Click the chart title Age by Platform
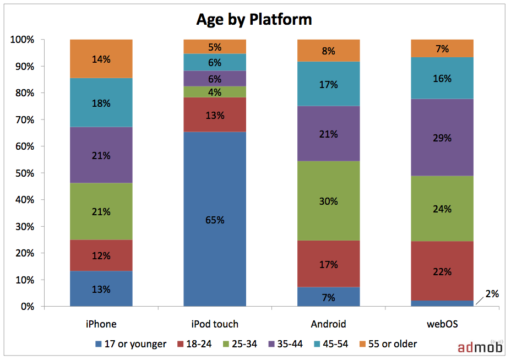point(254,20)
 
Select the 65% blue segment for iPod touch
point(215,219)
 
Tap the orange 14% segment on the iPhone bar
point(101,59)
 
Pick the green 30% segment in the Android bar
point(329,201)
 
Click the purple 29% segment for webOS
point(442,137)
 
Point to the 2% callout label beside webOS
point(492,294)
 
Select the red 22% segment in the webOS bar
point(442,271)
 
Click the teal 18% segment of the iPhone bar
point(101,102)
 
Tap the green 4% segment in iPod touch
point(215,92)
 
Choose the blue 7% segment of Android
point(329,297)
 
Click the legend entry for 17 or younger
point(131,344)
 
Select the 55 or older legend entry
point(388,344)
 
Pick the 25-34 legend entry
point(240,344)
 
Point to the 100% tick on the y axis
point(22,40)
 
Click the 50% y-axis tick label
point(25,173)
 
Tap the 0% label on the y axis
point(28,307)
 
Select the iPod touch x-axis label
point(215,324)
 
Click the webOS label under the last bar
point(442,324)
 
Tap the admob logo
point(480,347)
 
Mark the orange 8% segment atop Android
point(329,51)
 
